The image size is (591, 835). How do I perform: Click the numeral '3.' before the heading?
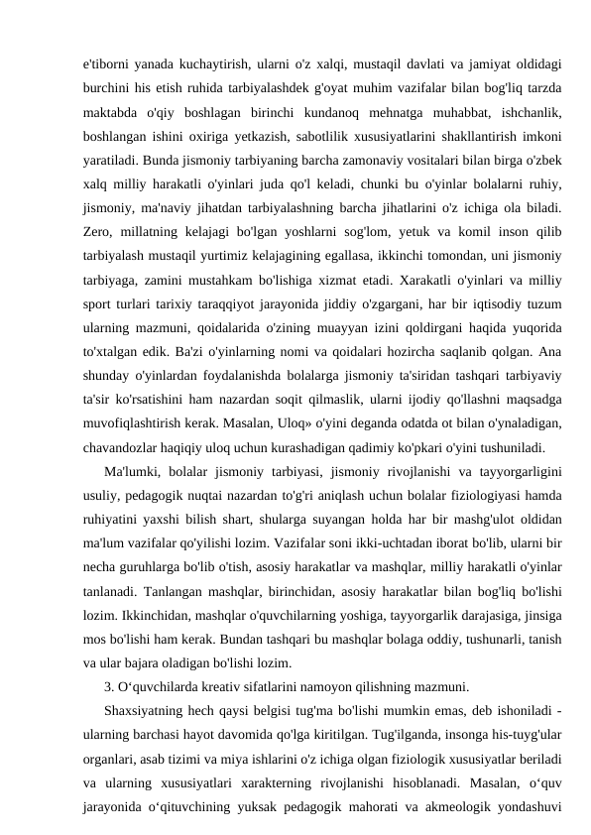(x=109, y=683)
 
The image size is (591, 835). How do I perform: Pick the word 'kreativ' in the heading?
(x=213, y=683)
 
